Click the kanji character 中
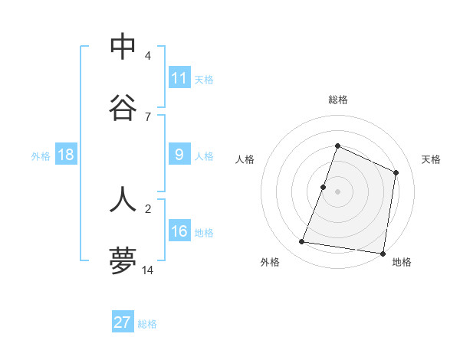click(x=123, y=47)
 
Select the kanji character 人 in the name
click(x=123, y=199)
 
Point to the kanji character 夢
click(x=123, y=260)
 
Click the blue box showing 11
click(x=179, y=78)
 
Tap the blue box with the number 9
click(x=179, y=155)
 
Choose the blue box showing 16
click(x=179, y=231)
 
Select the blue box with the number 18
click(x=65, y=155)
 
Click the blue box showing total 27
click(x=123, y=322)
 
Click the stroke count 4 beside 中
click(x=148, y=56)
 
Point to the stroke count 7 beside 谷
click(x=148, y=116)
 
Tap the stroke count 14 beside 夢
click(x=148, y=270)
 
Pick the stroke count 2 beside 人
click(x=148, y=208)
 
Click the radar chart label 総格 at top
click(x=337, y=100)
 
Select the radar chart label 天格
click(x=432, y=159)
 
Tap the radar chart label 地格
click(x=402, y=262)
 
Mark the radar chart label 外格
click(x=270, y=262)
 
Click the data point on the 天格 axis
click(x=396, y=172)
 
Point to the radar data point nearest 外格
click(x=302, y=242)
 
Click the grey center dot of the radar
click(x=337, y=191)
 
